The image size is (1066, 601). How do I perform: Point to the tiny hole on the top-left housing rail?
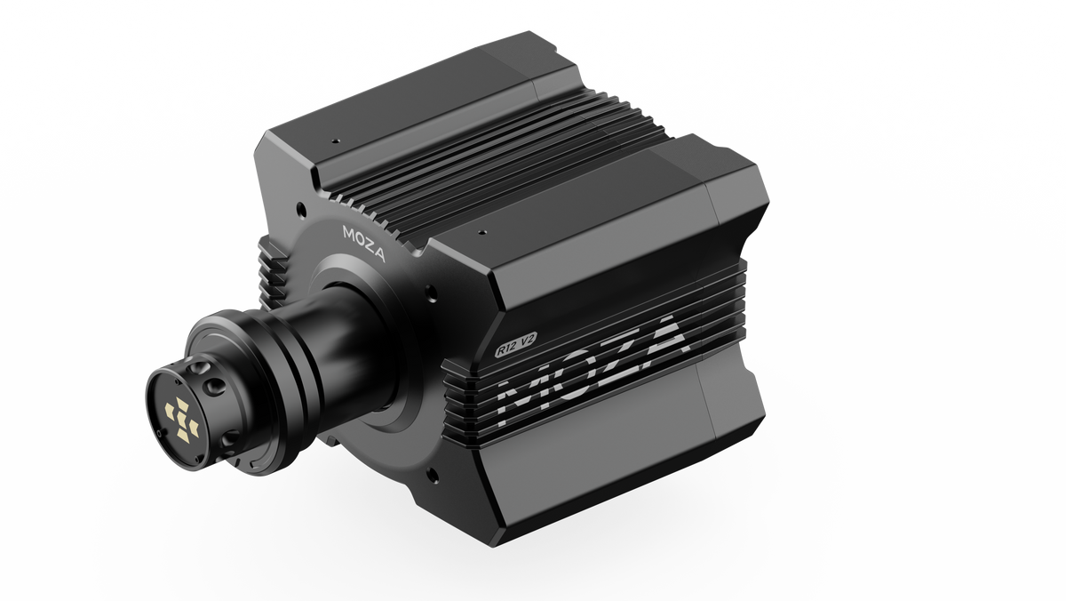click(336, 140)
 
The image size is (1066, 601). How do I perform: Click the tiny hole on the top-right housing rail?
click(481, 233)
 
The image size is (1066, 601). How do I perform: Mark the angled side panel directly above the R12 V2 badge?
click(604, 267)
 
